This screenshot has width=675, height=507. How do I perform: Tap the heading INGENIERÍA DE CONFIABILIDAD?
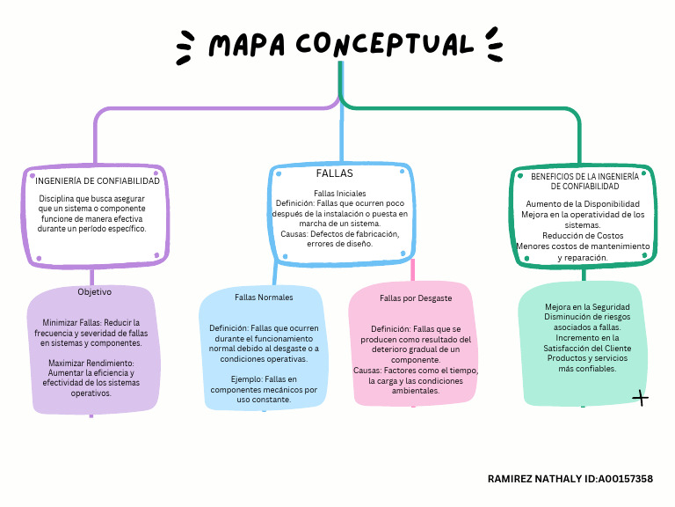pyautogui.click(x=98, y=180)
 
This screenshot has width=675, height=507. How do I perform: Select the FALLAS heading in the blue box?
pyautogui.click(x=334, y=173)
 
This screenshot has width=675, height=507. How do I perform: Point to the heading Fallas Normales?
pyautogui.click(x=264, y=298)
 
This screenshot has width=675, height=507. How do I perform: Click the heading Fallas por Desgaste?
pyautogui.click(x=416, y=298)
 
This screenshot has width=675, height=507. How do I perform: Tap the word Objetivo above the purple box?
pyautogui.click(x=95, y=291)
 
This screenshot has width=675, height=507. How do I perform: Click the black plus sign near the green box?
pyautogui.click(x=641, y=400)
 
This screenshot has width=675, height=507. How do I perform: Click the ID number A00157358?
pyautogui.click(x=625, y=479)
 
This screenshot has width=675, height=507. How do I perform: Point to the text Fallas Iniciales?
pyautogui.click(x=339, y=193)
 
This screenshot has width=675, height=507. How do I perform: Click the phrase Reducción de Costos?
pyautogui.click(x=583, y=235)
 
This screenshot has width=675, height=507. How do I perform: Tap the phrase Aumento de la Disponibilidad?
pyautogui.click(x=583, y=204)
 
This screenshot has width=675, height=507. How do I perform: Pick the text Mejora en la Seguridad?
pyautogui.click(x=581, y=307)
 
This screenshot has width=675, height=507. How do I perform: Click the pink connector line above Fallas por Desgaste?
pyautogui.click(x=412, y=271)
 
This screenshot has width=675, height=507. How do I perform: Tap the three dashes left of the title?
pyautogui.click(x=185, y=48)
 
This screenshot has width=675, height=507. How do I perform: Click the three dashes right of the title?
pyautogui.click(x=494, y=46)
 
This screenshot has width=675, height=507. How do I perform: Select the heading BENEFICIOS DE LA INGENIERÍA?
pyautogui.click(x=584, y=176)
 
